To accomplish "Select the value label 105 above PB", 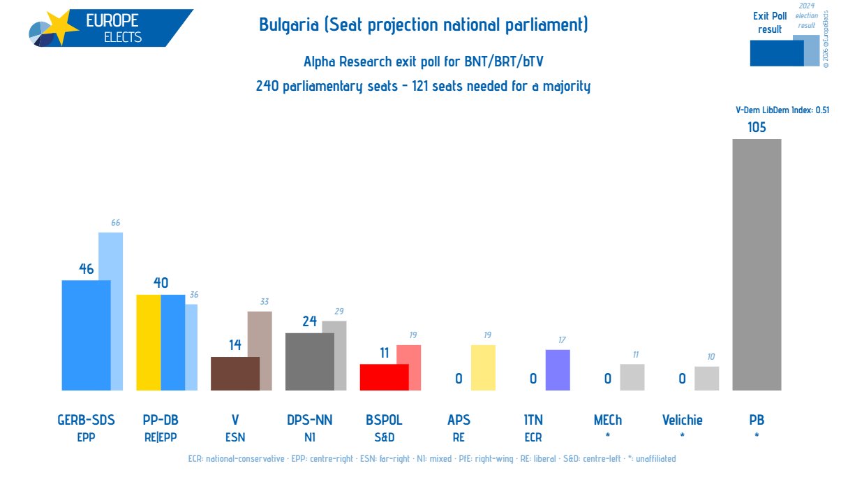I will point(757,127).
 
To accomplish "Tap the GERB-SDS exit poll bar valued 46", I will point(86,335).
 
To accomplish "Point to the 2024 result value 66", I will point(116,223).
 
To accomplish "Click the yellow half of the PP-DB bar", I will point(148,342).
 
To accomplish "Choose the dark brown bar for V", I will point(235,374).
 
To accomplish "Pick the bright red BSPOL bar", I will point(383,377).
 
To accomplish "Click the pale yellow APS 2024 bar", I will point(483,367).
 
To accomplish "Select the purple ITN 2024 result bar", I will point(558,370).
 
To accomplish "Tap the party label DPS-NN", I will point(309,420).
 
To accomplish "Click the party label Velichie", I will point(682,420).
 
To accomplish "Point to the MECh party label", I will point(607,420).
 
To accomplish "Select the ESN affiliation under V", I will point(235,438).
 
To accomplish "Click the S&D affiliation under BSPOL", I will point(384,438).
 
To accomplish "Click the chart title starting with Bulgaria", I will point(423,26).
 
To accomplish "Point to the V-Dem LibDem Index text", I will point(782,110).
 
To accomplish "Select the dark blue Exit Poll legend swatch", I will point(775,53).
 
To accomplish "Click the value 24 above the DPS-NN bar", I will point(309,321).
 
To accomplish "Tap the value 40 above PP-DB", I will point(161,283).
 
